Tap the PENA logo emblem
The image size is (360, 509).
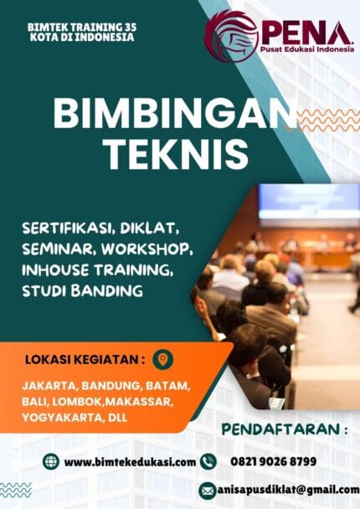click(x=232, y=37)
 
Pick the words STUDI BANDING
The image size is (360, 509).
click(x=95, y=290)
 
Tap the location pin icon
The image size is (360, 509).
click(x=164, y=359)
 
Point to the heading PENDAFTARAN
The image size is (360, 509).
click(x=285, y=430)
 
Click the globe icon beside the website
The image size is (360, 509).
click(x=51, y=461)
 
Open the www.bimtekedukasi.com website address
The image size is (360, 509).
click(x=130, y=461)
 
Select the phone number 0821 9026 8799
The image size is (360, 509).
click(x=268, y=461)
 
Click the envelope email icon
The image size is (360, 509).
click(x=208, y=490)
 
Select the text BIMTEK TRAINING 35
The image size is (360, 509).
click(x=81, y=28)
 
